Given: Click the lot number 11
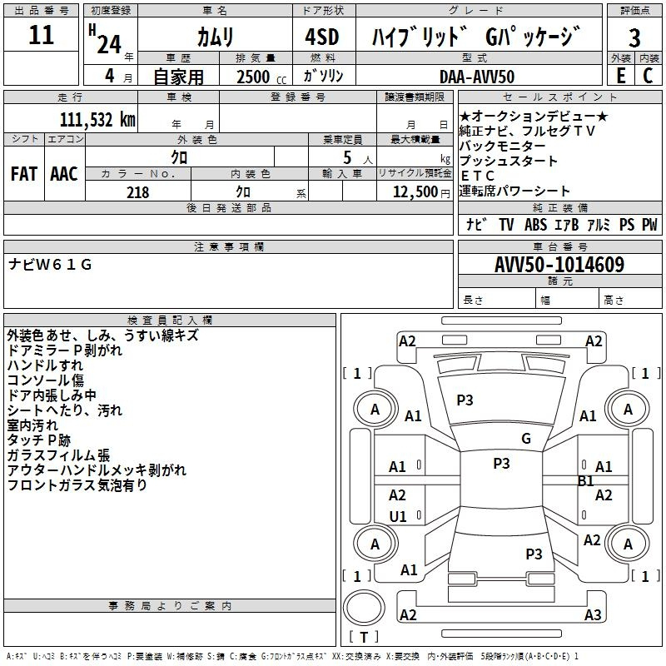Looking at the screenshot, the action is coord(41,36).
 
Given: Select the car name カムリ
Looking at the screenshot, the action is coord(215,36).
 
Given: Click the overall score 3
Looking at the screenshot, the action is coord(634,37).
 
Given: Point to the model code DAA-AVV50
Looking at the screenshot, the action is coord(477,77).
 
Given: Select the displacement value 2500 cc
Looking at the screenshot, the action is coord(254,77).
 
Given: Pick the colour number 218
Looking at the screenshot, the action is coord(137,192).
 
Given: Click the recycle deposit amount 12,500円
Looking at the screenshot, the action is coord(414,192).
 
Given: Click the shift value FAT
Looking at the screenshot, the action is coord(24,174).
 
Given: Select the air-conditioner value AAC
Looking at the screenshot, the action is coord(64,174).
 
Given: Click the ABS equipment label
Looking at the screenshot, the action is coord(535,225).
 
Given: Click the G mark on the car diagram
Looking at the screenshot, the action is coord(526,439).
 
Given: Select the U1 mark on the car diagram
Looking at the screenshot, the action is coord(398,517).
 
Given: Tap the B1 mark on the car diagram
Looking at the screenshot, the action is coord(586,481).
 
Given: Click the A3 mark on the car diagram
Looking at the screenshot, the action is coord(593,615).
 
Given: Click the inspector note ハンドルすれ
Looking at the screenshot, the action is coord(45,365).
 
